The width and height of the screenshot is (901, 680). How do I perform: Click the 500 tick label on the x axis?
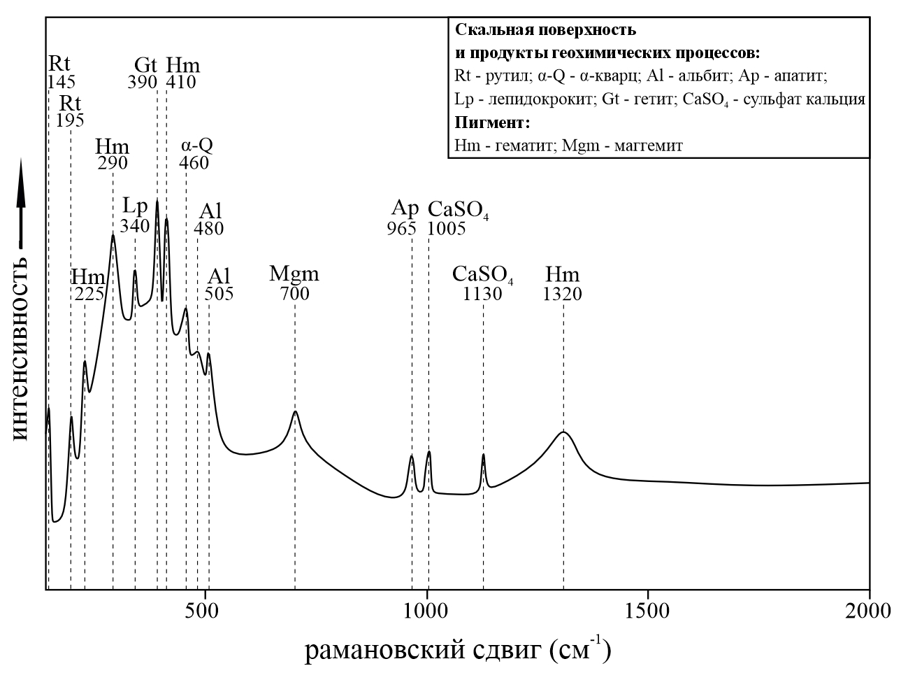coord(204,611)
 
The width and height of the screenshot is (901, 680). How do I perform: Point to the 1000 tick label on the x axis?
coord(426,611)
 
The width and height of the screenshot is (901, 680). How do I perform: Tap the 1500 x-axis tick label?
coord(648,611)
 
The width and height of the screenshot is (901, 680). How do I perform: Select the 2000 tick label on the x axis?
coord(869,611)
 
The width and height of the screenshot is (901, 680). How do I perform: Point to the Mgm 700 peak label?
coord(294,283)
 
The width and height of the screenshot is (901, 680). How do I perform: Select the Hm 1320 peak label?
coord(563,283)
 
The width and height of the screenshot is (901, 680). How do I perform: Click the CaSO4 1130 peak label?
coord(483,283)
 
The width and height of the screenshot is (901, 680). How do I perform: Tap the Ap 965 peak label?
coord(403,218)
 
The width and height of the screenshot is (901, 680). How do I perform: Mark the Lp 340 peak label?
coord(135,215)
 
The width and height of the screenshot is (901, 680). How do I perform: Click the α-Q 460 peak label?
coord(195,153)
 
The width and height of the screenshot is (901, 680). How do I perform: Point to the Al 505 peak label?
coord(219,283)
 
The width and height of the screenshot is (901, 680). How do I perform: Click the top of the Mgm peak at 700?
coord(296,411)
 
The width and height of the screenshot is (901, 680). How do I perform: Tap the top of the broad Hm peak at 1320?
coord(563,432)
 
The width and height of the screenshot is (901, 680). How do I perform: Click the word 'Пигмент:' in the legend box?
coord(492,123)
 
